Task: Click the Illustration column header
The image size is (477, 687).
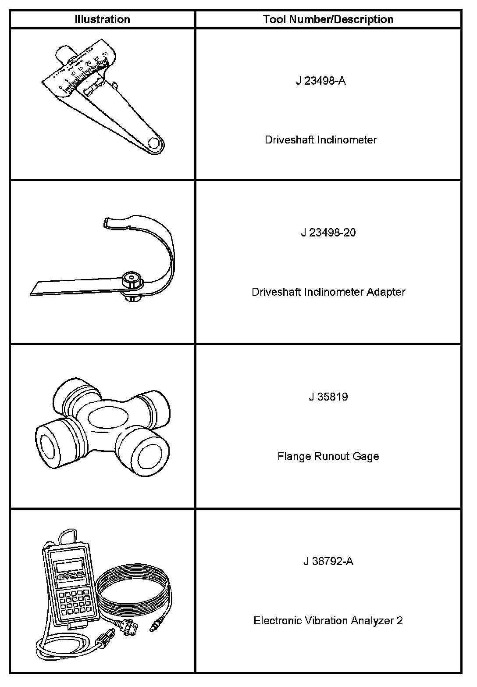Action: [102, 19]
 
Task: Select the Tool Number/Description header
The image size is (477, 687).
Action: [328, 19]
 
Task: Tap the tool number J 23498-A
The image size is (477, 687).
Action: [320, 81]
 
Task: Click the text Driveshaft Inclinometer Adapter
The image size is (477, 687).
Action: [328, 292]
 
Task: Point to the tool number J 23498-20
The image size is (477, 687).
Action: [328, 233]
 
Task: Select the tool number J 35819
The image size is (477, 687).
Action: [328, 397]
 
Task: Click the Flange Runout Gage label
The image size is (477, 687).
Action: [328, 456]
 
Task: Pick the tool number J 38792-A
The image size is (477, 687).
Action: [328, 561]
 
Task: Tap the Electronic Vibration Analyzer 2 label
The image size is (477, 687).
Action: [328, 620]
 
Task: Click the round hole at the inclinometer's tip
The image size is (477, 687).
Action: [154, 143]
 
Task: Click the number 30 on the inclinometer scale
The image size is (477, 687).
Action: [104, 54]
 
